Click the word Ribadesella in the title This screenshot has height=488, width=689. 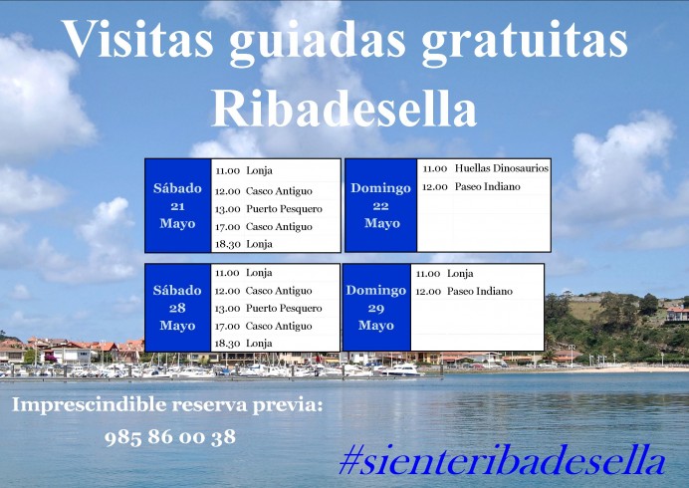click(344, 107)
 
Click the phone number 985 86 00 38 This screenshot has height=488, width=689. click(170, 436)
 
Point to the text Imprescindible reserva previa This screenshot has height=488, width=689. click(168, 405)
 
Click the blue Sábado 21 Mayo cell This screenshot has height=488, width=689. click(177, 205)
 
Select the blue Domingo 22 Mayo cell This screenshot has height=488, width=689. click(381, 205)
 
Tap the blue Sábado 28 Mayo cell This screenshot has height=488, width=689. click(177, 308)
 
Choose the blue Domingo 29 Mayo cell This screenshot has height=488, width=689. click(376, 308)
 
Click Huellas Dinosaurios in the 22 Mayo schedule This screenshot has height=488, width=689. click(501, 168)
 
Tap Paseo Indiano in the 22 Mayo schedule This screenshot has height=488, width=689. click(487, 186)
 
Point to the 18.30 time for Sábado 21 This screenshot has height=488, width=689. click(228, 244)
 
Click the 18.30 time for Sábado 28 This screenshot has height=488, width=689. click(228, 344)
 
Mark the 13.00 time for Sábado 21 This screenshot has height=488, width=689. click(228, 209)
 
